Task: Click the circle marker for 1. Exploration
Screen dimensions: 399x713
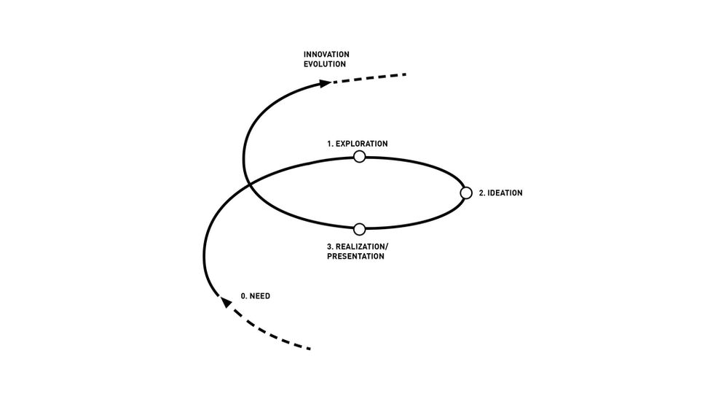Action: click(x=359, y=156)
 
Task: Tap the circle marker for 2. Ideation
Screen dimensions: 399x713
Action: click(x=467, y=193)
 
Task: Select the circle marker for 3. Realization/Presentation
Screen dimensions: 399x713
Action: click(x=359, y=229)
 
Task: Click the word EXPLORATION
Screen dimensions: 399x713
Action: click(x=361, y=144)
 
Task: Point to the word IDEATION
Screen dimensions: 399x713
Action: click(x=505, y=193)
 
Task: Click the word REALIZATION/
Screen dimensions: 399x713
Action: click(x=363, y=247)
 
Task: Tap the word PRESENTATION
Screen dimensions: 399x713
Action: click(x=355, y=257)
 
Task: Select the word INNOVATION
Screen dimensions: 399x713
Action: click(x=326, y=54)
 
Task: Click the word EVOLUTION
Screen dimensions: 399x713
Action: click(x=325, y=64)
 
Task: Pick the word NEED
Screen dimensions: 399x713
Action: click(x=260, y=297)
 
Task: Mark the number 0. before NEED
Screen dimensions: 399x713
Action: click(x=244, y=297)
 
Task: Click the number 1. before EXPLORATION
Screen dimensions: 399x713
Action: click(x=330, y=144)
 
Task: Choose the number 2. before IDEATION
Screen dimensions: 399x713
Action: click(x=481, y=193)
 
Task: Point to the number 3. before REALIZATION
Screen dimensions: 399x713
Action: click(x=331, y=247)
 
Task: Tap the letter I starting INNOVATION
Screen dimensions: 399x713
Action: click(x=305, y=54)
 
